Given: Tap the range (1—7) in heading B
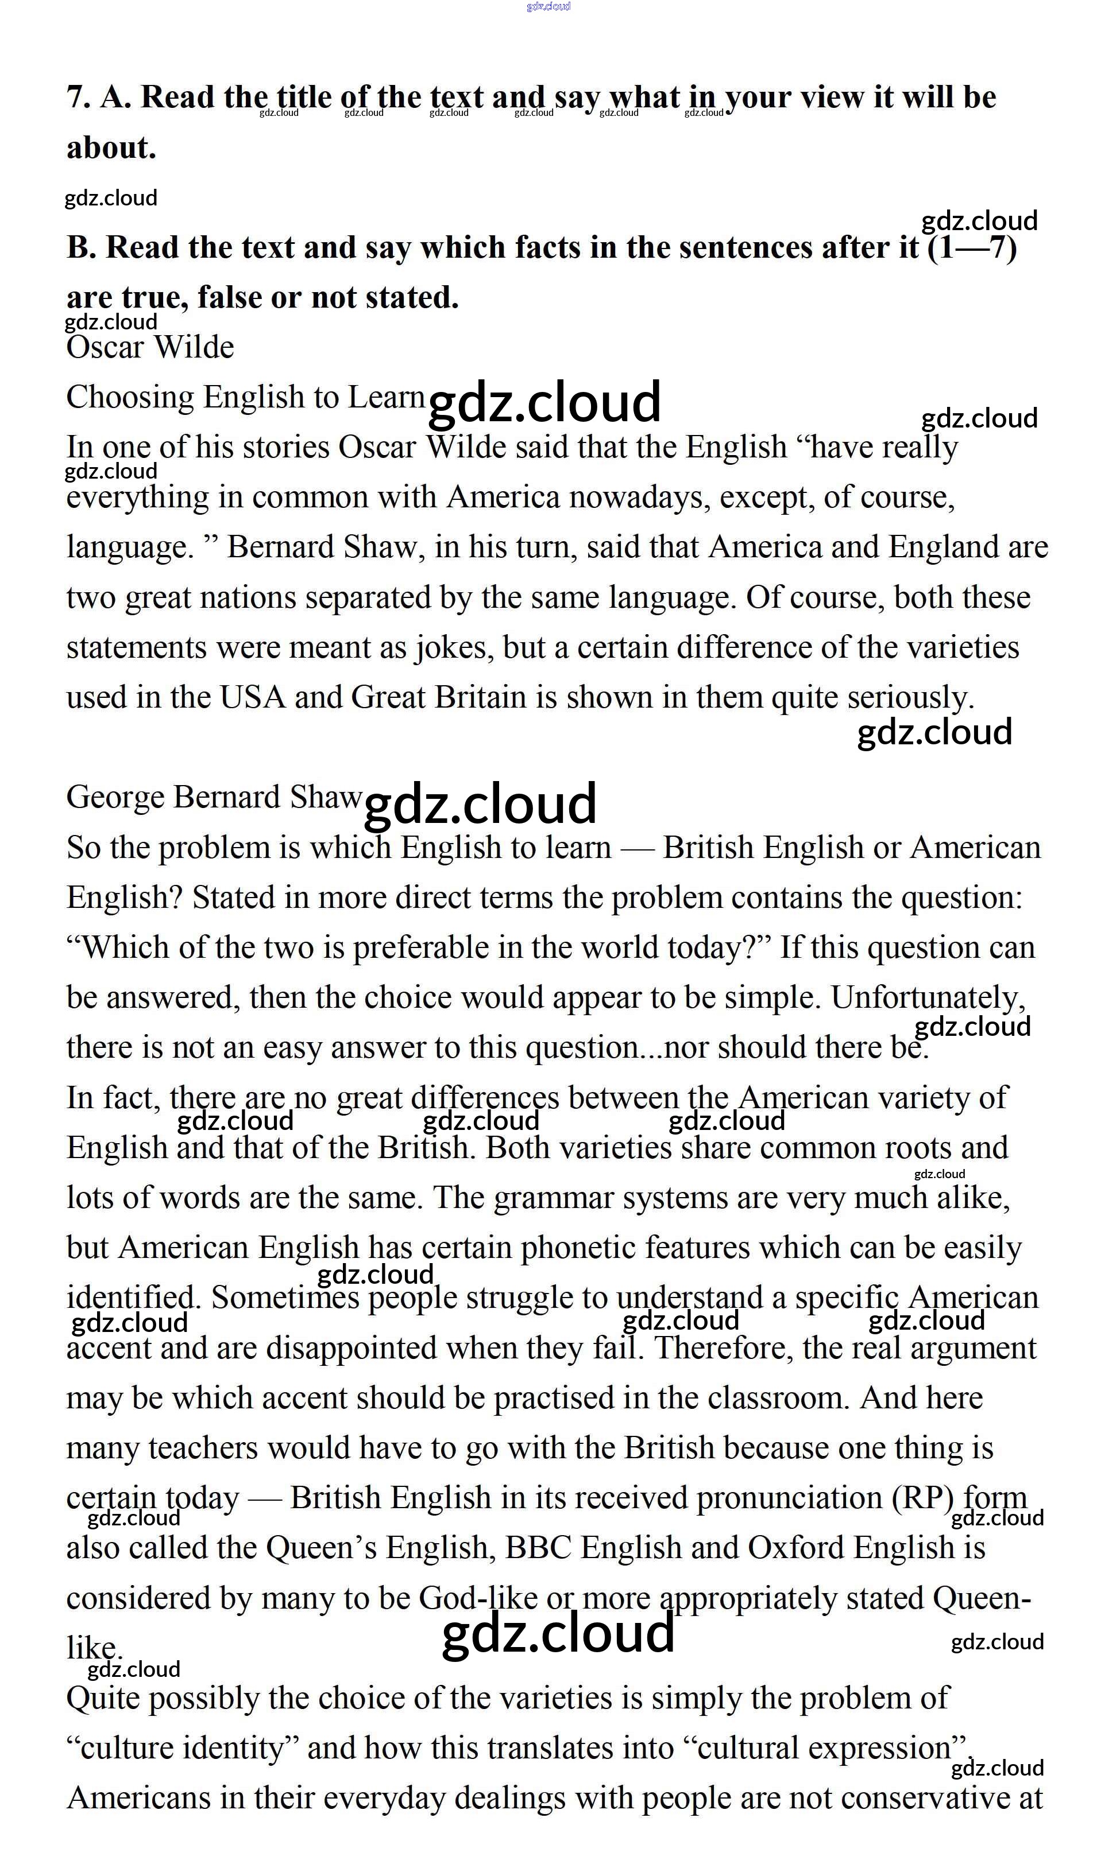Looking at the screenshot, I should tap(972, 247).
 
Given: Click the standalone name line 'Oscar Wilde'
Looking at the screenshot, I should tap(150, 348).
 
